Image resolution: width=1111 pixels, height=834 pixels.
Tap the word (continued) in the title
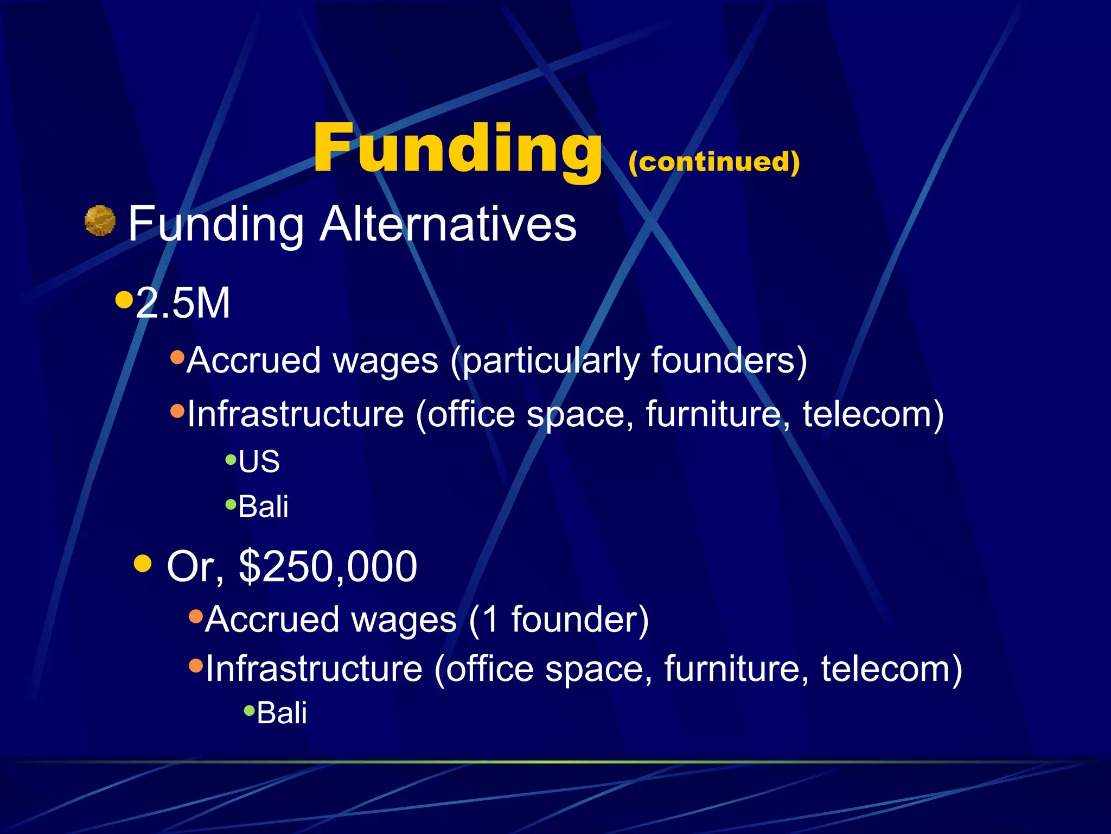[714, 162]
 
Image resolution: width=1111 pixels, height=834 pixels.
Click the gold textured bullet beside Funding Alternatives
[100, 221]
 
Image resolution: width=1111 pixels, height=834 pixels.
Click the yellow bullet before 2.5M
[124, 299]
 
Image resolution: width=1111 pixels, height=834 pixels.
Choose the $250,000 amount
[328, 566]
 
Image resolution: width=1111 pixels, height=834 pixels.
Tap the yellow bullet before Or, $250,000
[143, 563]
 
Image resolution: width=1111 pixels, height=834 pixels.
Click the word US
[259, 462]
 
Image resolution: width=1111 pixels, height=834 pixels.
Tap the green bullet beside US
[231, 460]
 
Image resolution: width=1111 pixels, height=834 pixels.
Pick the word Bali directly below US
[263, 507]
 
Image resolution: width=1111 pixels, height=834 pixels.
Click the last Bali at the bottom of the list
[282, 712]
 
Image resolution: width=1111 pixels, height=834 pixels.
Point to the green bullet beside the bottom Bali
[250, 710]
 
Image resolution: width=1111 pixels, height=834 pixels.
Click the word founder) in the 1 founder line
[580, 620]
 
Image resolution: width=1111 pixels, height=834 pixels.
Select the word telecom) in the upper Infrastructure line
[873, 415]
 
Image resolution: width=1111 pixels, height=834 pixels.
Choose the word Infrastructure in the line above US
[296, 414]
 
